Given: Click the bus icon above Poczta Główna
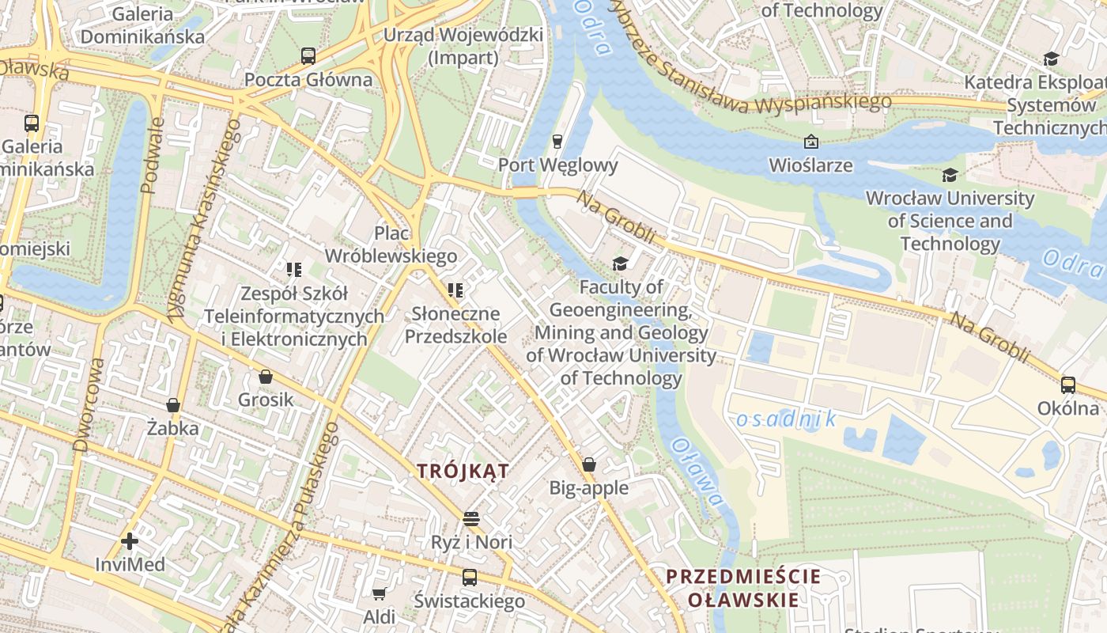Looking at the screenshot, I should [308, 56].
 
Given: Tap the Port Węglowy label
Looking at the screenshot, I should [557, 165].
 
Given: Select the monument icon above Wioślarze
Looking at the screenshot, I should [810, 142].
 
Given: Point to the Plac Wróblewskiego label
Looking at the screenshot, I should [391, 244].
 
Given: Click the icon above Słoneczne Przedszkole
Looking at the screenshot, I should [455, 291].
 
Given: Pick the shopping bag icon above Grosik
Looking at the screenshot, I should [266, 377].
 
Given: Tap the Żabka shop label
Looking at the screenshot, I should [173, 428].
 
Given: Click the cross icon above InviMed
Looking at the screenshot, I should [130, 541].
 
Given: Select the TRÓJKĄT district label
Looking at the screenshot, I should [463, 471].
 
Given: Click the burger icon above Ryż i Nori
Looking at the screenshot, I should [471, 519].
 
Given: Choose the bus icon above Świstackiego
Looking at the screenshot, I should [470, 578].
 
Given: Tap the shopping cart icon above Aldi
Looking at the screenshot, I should [380, 593].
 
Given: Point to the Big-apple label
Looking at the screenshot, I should [589, 487].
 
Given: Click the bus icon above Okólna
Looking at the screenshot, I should [1068, 385].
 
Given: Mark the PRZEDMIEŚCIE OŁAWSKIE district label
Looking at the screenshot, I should [742, 588].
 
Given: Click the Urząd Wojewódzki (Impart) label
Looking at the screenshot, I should [463, 46].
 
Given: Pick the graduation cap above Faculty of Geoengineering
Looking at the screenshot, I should [621, 263].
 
